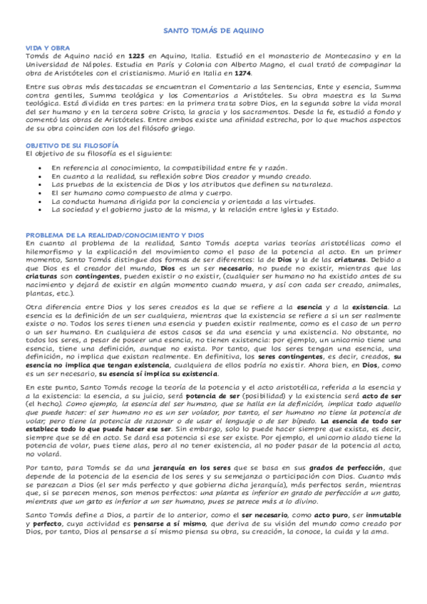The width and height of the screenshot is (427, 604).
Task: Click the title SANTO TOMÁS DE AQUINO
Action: pyautogui.click(x=213, y=31)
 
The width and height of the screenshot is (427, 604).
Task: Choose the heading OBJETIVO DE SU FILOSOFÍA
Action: pyautogui.click(x=71, y=145)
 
